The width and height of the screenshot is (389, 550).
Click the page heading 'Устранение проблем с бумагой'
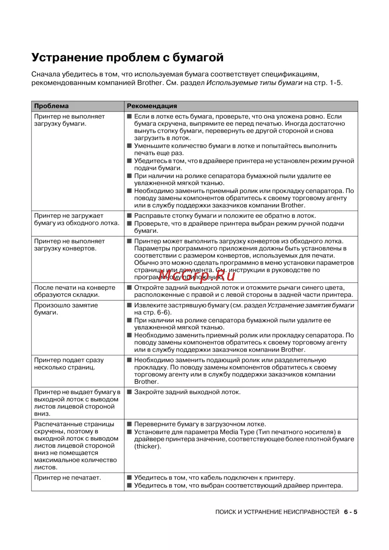(x=127, y=58)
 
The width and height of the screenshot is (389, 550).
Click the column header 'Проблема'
(x=51, y=106)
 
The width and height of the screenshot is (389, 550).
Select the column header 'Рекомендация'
(x=152, y=106)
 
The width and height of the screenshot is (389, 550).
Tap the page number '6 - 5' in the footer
(x=350, y=512)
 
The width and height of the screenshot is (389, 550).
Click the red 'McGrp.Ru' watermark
(x=197, y=276)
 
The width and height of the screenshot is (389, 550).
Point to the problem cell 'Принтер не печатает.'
(x=67, y=478)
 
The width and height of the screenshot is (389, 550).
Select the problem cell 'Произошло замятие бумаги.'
(x=66, y=309)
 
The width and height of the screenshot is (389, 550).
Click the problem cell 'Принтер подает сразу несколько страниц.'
(x=69, y=364)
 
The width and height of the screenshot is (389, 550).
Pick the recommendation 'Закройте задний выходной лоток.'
(x=187, y=392)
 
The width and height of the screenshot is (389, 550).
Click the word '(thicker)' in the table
(x=147, y=447)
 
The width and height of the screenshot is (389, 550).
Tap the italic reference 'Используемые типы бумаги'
(x=254, y=83)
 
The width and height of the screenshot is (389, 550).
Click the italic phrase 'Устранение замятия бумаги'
(x=310, y=306)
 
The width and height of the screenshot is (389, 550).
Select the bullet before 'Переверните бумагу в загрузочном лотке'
(x=130, y=424)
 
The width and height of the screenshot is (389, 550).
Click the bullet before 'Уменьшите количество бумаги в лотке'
(x=130, y=146)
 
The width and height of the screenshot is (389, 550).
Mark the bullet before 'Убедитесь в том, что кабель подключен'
(x=130, y=478)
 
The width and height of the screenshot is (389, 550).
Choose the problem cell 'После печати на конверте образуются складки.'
(x=74, y=291)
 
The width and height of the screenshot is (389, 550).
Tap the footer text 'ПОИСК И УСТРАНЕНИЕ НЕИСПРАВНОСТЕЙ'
(x=277, y=512)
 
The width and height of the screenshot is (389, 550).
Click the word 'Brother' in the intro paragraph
(x=150, y=83)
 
